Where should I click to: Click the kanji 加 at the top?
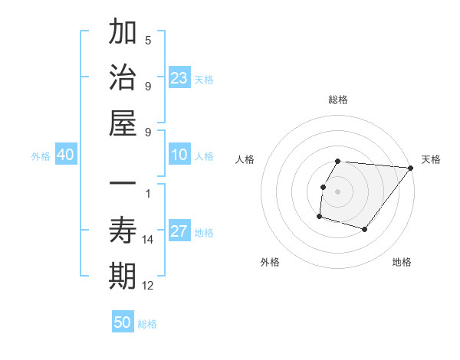coord(123,33)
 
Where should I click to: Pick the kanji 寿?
coord(123,231)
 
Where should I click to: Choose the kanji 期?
coord(123,277)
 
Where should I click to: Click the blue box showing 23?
coord(179,78)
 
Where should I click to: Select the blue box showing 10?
coord(179,155)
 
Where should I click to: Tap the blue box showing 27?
coord(179,232)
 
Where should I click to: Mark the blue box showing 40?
coord(65,155)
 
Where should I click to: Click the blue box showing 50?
coord(123,323)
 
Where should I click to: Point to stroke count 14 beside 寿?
coord(148,240)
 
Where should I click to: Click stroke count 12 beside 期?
coord(148,286)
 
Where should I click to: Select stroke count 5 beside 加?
coord(148,41)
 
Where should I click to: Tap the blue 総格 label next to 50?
coord(147,324)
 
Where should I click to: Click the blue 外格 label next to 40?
coord(41,156)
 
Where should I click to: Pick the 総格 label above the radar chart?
coord(337,100)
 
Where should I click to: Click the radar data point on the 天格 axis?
coord(411,169)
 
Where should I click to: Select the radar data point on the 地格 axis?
coord(365,230)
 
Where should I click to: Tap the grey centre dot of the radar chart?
coord(337,191)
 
